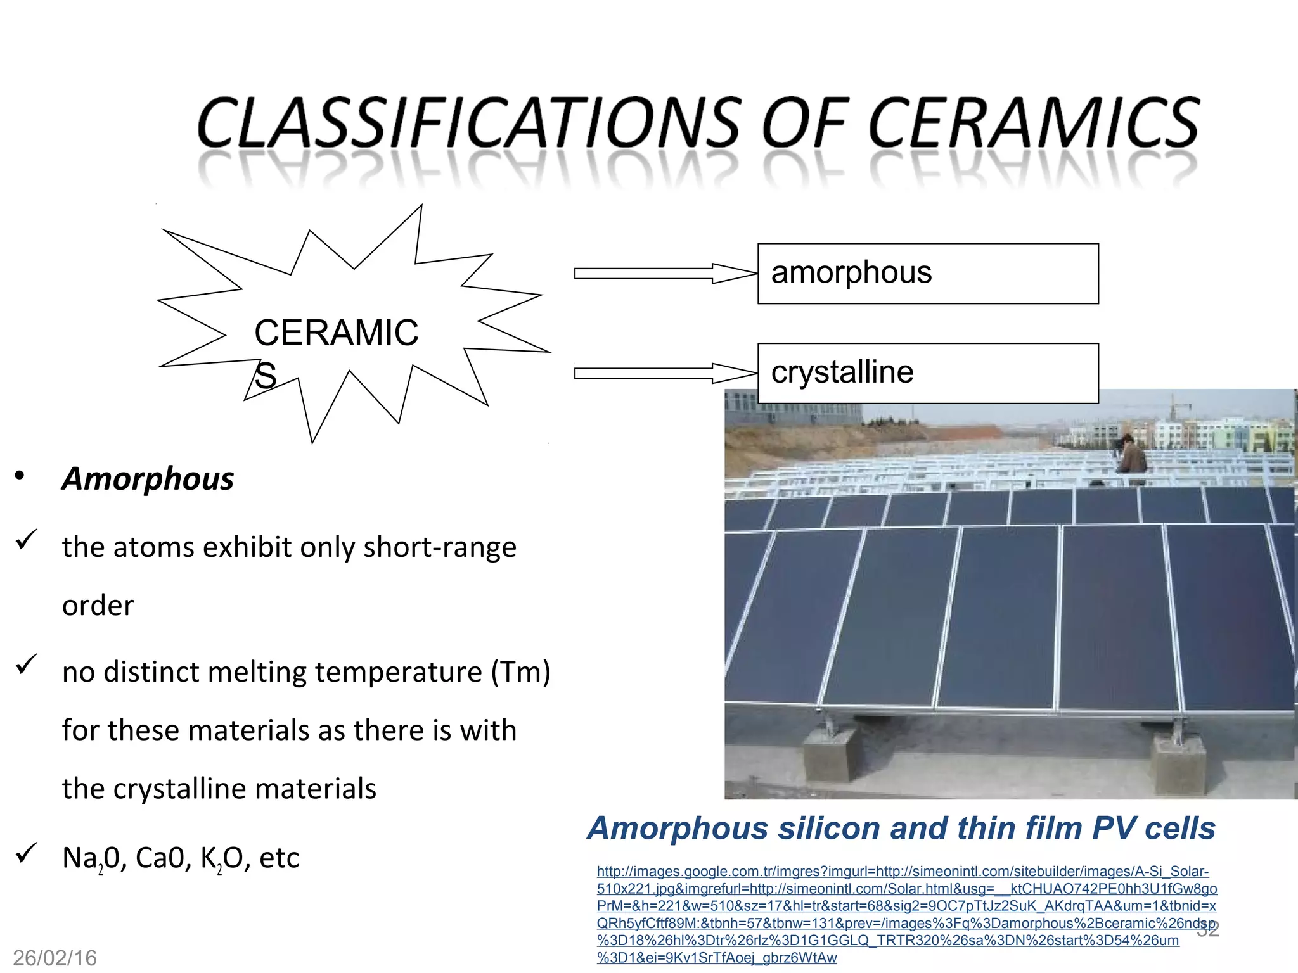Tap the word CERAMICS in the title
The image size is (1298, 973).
tap(1033, 122)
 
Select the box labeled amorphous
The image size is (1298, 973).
tap(928, 274)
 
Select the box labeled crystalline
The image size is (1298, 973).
tap(928, 373)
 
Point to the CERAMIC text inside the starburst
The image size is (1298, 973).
tap(336, 333)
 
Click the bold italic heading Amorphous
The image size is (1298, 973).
tap(148, 478)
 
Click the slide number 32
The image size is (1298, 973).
tap(1208, 929)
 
